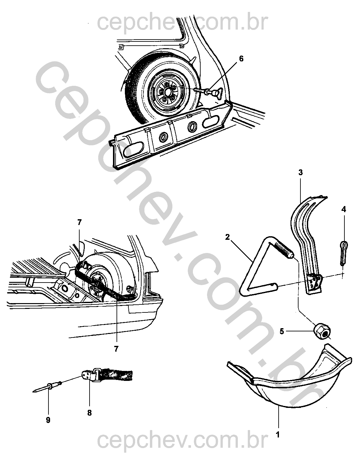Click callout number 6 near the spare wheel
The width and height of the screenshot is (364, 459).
(x=241, y=59)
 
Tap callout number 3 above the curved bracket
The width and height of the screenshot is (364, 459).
(x=300, y=172)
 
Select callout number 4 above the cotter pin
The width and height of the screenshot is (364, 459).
(x=344, y=210)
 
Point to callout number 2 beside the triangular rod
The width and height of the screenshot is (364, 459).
(x=228, y=237)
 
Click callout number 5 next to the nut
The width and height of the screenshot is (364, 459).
(x=282, y=331)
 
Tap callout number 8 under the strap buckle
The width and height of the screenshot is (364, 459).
(x=89, y=413)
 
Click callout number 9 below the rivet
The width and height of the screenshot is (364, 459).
(x=48, y=420)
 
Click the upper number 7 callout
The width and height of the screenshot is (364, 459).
(x=79, y=222)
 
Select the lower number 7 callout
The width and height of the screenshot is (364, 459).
(x=116, y=348)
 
